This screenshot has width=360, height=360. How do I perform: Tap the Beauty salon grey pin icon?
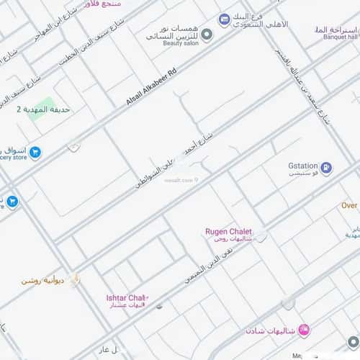tap(207, 35)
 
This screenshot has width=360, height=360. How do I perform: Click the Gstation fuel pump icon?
tap(327, 168)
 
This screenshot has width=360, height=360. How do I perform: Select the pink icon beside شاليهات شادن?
tap(304, 330)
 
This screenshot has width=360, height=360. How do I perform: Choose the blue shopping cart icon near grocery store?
tap(35, 152)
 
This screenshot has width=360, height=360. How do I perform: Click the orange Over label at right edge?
tap(349, 205)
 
